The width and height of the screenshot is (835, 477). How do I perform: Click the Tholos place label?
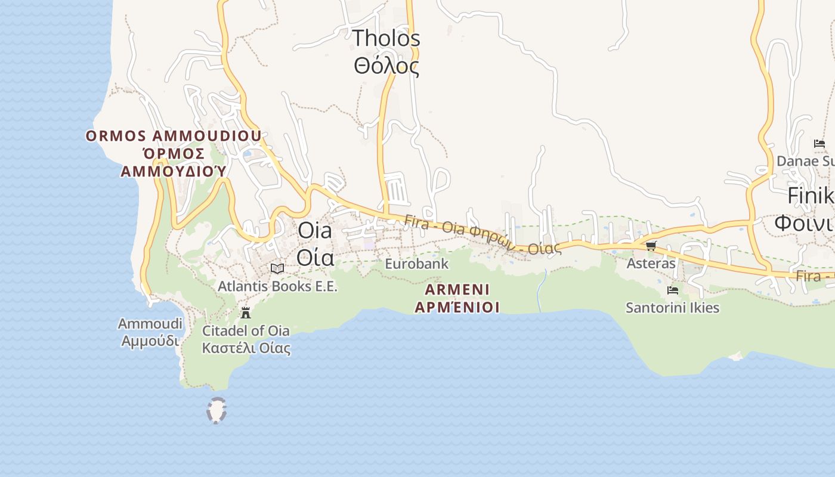pos(386,39)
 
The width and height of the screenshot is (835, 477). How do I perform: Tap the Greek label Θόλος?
pos(386,66)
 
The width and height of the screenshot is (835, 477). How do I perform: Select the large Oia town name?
pos(314,230)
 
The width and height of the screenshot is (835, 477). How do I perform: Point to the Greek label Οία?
pos(314,258)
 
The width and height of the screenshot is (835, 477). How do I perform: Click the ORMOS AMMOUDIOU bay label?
pos(174,136)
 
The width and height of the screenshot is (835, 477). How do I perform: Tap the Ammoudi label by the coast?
pos(150,324)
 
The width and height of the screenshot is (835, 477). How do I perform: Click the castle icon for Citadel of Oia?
pos(245,312)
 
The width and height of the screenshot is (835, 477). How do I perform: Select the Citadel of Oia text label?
pos(246,331)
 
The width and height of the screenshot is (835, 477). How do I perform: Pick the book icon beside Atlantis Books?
pos(277,268)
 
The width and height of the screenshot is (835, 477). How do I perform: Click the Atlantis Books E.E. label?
pos(277,286)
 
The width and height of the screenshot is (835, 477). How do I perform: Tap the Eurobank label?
pos(416,264)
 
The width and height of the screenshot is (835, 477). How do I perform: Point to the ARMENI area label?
pos(457,290)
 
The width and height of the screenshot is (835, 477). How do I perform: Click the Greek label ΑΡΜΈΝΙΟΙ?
pos(457,308)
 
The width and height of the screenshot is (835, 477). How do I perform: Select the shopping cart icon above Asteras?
pos(651,246)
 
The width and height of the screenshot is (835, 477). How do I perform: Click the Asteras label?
pos(651,263)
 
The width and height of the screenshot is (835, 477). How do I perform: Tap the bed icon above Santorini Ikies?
pos(673,290)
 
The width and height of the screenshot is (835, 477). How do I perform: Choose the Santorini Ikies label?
pos(672,308)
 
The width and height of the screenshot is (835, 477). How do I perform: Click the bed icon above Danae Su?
pos(819,144)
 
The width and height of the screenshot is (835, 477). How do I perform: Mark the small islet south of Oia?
pos(217,411)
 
